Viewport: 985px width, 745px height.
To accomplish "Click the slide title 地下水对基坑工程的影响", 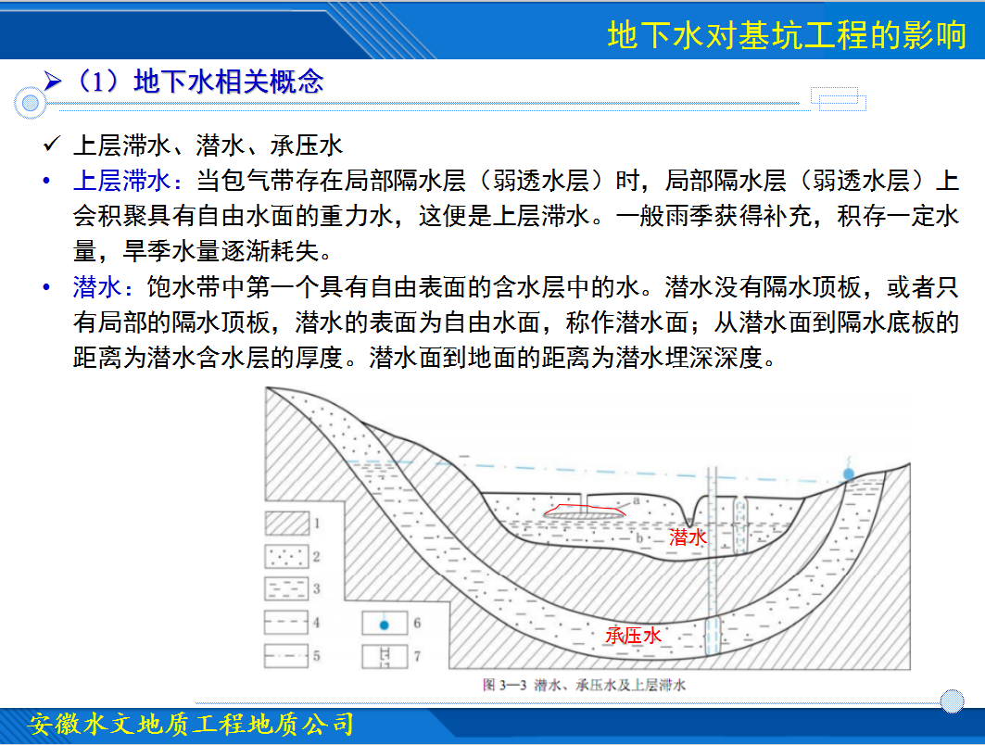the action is [787, 34].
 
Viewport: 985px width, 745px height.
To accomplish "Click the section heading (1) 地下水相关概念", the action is [198, 82].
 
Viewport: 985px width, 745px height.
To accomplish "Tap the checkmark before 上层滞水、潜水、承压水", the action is [52, 145].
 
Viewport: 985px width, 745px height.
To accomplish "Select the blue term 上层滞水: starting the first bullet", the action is [128, 181].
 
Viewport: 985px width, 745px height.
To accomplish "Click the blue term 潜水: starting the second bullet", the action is [103, 287].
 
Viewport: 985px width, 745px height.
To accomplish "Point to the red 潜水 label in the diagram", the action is [688, 537].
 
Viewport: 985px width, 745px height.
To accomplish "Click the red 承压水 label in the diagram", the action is [633, 635].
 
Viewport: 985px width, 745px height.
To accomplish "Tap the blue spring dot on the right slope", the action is [849, 474].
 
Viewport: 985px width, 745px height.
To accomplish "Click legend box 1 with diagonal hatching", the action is [286, 523].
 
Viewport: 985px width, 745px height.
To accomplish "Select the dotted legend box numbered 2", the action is [286, 556].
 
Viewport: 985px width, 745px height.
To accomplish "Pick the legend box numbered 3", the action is [286, 588].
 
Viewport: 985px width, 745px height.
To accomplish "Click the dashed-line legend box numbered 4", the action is [286, 622].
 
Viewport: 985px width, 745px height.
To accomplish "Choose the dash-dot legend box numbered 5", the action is [286, 655].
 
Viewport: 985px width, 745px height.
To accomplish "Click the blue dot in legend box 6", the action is [385, 625].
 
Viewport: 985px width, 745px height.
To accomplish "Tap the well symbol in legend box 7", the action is [385, 656].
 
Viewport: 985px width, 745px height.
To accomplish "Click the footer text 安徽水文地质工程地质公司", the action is [191, 725].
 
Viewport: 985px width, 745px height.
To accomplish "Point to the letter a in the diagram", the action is [636, 500].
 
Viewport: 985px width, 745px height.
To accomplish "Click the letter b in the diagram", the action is [639, 537].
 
